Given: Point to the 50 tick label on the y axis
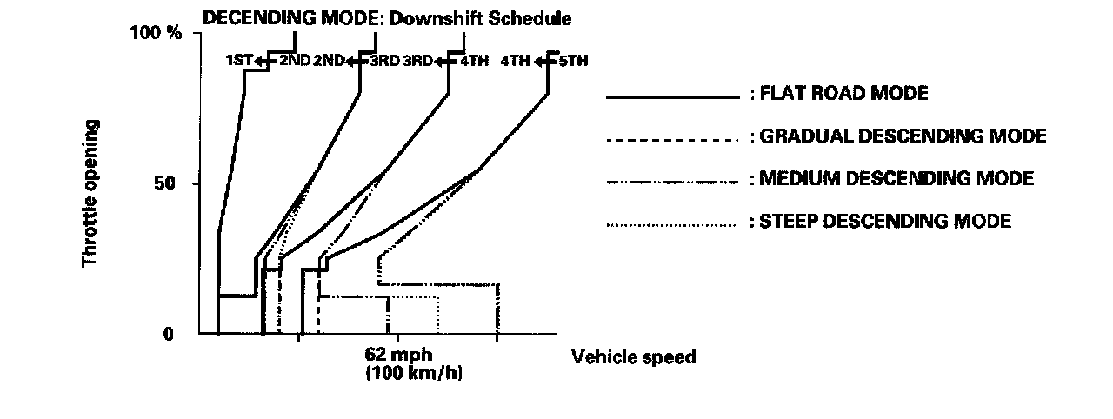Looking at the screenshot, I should [169, 183].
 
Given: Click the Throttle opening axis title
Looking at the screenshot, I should [90, 193].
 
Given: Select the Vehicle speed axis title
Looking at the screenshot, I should [633, 357].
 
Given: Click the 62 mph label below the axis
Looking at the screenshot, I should [399, 356].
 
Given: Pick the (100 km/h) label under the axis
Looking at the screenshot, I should [400, 374].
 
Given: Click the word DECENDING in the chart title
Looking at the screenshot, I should [247, 17].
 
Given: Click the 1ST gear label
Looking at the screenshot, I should [238, 61].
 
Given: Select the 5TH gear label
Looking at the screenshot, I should [572, 61].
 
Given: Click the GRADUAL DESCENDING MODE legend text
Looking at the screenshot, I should [903, 136].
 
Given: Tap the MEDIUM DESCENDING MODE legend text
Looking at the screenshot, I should [896, 178].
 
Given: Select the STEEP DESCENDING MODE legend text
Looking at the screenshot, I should [885, 221].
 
